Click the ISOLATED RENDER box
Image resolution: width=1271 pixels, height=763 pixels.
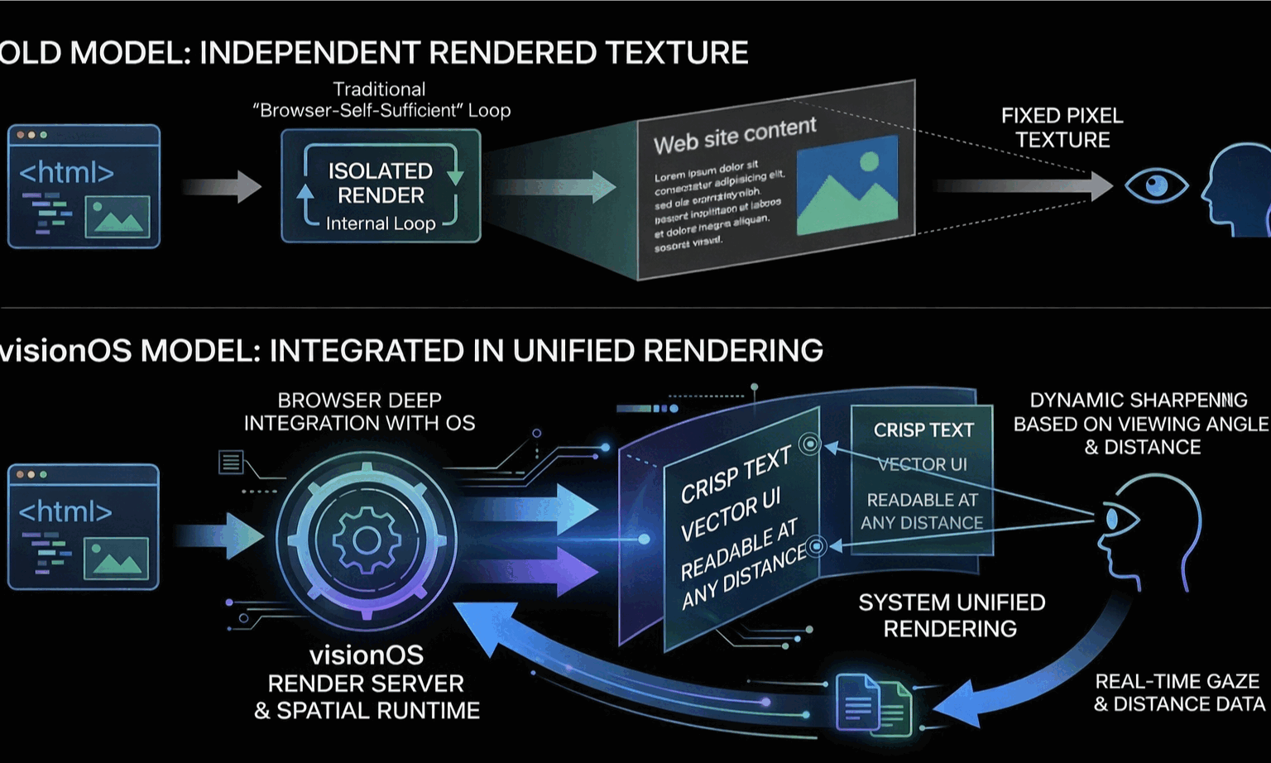tap(381, 185)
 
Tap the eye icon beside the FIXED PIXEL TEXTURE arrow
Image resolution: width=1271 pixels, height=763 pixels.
tap(1156, 185)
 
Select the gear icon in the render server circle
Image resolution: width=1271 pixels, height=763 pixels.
tap(366, 540)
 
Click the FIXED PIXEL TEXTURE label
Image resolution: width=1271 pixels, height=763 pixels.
tap(1062, 127)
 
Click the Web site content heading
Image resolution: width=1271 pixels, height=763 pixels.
tap(735, 136)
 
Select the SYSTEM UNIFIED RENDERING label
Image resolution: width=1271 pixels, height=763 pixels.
tap(952, 615)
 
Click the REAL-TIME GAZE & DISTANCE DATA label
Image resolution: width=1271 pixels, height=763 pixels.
tap(1178, 693)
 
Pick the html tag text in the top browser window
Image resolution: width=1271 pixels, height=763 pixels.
tap(66, 173)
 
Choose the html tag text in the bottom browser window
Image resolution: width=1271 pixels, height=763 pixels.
tap(65, 511)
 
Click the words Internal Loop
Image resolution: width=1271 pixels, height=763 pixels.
tap(381, 223)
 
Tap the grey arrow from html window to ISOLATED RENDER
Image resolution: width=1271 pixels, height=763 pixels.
tap(222, 186)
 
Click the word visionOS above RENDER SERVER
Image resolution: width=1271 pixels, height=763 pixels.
tap(367, 655)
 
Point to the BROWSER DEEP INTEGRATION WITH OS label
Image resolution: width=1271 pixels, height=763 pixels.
tap(359, 411)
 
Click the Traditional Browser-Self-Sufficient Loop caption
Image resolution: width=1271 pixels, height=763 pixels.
tap(381, 100)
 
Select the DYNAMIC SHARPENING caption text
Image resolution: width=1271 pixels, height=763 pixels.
tap(1140, 424)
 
